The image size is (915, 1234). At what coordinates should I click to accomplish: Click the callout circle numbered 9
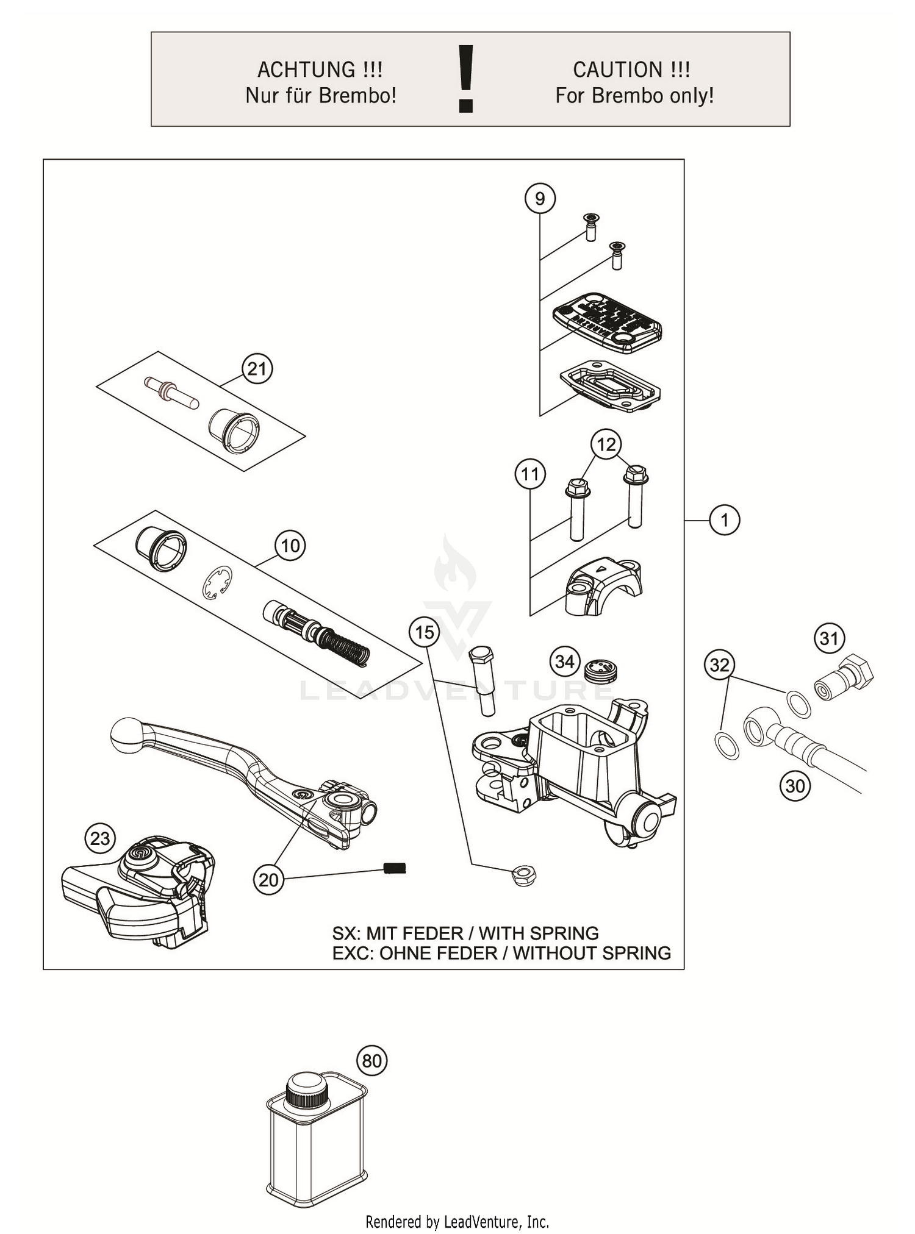[540, 199]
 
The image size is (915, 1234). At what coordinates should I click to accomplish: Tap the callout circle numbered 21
[257, 369]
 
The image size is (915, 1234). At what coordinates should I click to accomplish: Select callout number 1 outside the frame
[725, 520]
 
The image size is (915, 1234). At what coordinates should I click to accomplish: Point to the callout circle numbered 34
[565, 662]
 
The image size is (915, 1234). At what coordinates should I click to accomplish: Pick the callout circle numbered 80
[371, 1061]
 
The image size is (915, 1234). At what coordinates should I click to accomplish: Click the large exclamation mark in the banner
[466, 79]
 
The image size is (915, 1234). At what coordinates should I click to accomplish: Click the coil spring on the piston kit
[346, 646]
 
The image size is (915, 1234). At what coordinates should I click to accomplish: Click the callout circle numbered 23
[100, 838]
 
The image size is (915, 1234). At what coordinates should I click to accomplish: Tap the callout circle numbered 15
[425, 632]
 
